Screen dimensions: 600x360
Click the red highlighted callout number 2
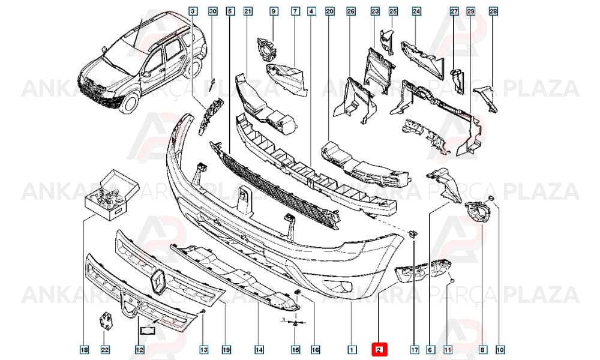tap(379, 349)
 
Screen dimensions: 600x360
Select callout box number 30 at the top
tap(213, 11)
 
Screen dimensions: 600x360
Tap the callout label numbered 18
tap(84, 349)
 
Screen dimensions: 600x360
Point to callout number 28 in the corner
tap(493, 11)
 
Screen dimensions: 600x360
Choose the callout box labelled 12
tap(139, 349)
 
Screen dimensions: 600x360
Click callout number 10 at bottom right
tap(500, 349)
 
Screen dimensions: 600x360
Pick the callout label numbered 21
tap(248, 11)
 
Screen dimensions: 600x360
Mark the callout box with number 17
tap(415, 349)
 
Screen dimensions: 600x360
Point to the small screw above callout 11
tap(452, 282)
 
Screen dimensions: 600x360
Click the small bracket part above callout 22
tap(106, 320)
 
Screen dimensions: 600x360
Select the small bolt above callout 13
tap(203, 312)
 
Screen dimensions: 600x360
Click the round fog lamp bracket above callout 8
tap(476, 212)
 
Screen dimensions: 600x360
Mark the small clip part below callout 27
tap(457, 79)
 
